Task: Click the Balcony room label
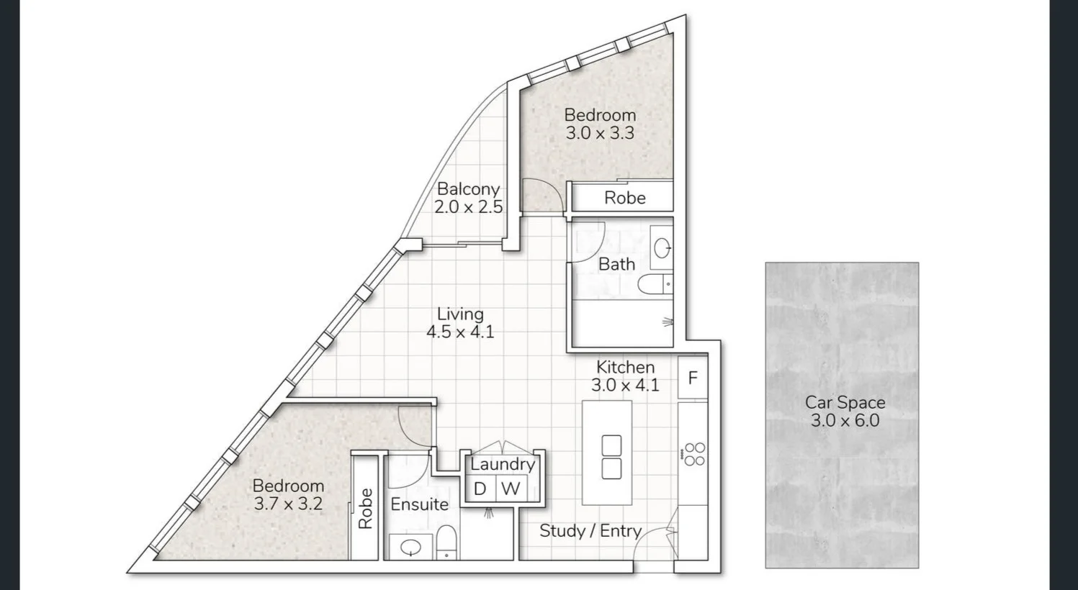[468, 189]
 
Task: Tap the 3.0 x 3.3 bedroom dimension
[599, 133]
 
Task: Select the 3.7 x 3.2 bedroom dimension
[288, 504]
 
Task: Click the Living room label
[460, 314]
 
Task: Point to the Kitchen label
[625, 367]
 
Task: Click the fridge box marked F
[693, 378]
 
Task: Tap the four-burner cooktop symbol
[694, 454]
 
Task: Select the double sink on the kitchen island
[611, 458]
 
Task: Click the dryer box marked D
[480, 489]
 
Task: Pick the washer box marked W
[511, 489]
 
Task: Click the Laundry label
[503, 465]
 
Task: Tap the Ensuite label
[419, 504]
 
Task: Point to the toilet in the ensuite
[446, 543]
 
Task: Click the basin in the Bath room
[662, 248]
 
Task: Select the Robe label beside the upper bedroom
[624, 198]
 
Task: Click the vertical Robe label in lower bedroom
[365, 509]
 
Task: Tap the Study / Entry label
[590, 531]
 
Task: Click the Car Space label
[845, 402]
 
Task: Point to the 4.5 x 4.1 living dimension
[460, 332]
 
